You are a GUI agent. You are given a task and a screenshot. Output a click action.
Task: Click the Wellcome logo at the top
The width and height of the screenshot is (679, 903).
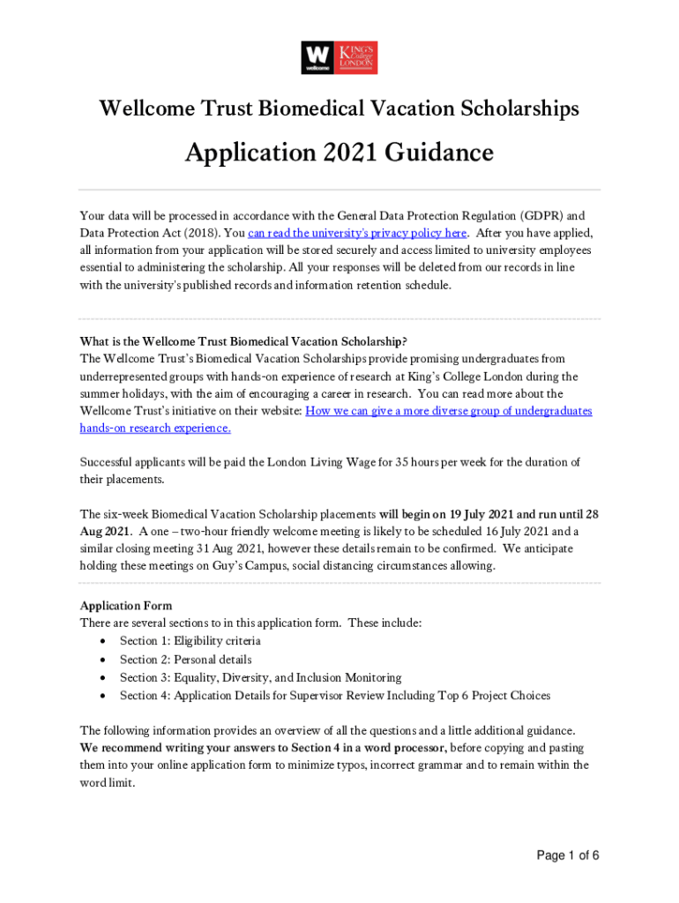[317, 57]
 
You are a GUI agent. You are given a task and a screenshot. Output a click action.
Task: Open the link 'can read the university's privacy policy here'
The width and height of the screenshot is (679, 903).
[357, 233]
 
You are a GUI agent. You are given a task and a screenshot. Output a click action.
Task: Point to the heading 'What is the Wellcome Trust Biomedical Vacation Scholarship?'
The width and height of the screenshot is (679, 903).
[243, 341]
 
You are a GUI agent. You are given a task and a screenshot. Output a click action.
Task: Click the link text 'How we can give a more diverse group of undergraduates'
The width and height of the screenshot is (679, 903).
[448, 411]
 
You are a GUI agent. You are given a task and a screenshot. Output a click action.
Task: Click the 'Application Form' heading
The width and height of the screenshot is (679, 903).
[126, 606]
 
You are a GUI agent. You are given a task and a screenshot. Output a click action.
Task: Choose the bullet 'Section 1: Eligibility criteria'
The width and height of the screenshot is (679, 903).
[190, 641]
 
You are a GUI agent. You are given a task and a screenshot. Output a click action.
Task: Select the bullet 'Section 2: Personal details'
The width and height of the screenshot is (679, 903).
[185, 660]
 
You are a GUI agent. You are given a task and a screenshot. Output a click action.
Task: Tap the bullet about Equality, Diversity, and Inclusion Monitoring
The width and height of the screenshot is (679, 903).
[260, 677]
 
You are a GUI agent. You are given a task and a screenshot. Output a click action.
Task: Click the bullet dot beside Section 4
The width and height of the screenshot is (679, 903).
[106, 696]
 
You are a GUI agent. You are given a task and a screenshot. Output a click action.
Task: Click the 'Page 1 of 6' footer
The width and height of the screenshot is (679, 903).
[568, 855]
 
